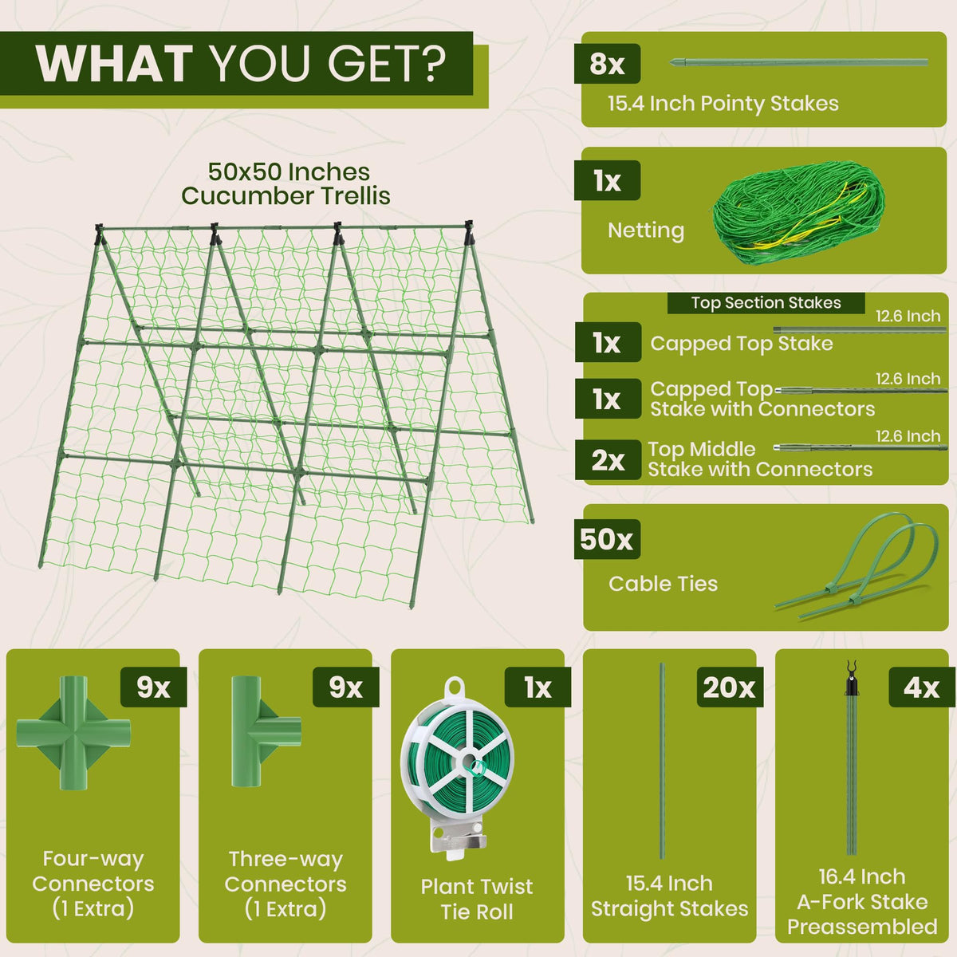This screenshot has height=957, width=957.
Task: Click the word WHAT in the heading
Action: coord(114,64)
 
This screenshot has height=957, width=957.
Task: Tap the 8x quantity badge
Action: coord(607,64)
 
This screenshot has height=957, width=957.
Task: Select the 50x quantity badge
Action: coord(607,539)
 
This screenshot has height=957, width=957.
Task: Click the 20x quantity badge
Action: coord(729,687)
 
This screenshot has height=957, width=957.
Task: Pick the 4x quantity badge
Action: coord(922,687)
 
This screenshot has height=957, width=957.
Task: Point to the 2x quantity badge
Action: coord(608,460)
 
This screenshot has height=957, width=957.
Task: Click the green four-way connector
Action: coord(73,733)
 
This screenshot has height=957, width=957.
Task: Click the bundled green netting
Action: coord(798,214)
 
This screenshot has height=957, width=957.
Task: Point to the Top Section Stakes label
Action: coord(766,303)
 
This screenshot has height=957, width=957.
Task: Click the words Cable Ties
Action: coord(663,584)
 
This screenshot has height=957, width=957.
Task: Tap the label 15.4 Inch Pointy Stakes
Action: coord(723,104)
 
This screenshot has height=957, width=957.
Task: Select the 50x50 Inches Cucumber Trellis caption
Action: coord(286,183)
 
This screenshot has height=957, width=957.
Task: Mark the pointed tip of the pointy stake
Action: coord(671,62)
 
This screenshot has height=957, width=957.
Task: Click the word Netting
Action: coord(646,230)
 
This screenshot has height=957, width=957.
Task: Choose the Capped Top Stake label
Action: coord(742,343)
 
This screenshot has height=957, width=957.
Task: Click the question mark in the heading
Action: coord(429,64)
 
